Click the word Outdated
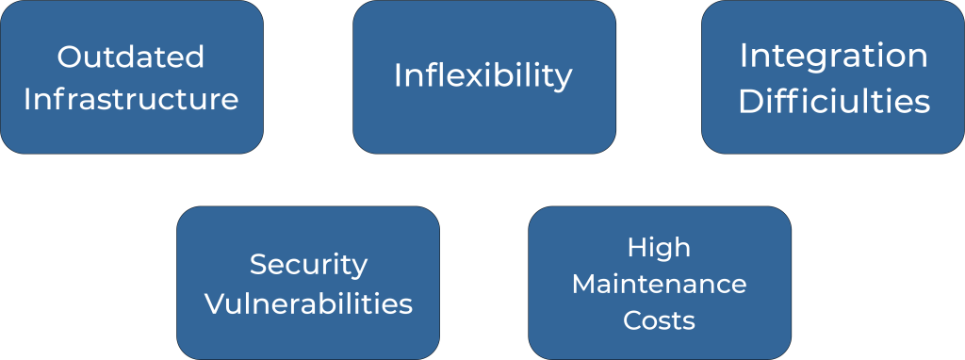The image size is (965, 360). click(130, 57)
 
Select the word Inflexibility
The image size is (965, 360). click(483, 77)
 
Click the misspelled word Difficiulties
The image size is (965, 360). click(834, 102)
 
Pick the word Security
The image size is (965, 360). click(308, 266)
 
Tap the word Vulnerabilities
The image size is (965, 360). click(308, 303)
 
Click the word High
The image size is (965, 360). click(659, 249)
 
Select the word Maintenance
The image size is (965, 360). click(659, 285)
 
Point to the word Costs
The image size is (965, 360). click(659, 320)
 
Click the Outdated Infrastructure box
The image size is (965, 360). click(132, 77)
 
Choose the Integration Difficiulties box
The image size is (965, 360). click(833, 77)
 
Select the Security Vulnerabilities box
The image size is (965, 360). click(308, 283)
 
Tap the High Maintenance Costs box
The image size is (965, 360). click(660, 283)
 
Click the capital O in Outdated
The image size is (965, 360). click(70, 57)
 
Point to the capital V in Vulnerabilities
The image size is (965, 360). click(216, 303)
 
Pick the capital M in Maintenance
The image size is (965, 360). click(584, 285)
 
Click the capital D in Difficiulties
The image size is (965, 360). click(751, 103)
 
